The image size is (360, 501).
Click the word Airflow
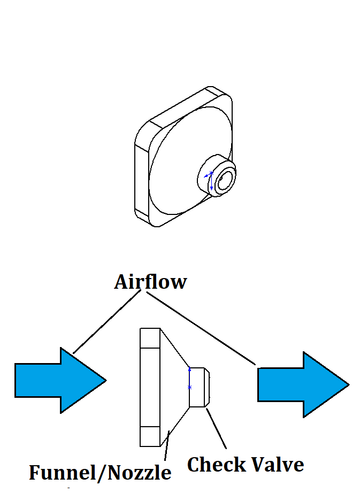pos(150,282)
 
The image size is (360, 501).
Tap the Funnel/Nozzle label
pos(100,473)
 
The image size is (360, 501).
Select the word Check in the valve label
pos(214,464)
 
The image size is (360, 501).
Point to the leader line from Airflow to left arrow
pos(105,323)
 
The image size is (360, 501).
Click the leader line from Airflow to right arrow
pos(203,329)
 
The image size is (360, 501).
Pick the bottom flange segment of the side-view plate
pos(150,436)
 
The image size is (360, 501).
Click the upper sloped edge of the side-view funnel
pos(175,348)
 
